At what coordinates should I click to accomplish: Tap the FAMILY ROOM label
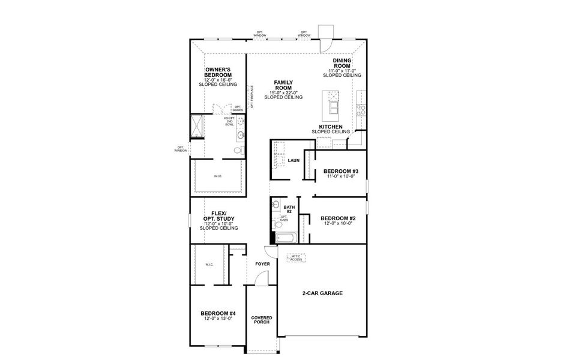tap(283, 85)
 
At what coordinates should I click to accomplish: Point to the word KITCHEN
tap(331, 127)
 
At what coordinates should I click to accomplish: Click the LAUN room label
tap(294, 160)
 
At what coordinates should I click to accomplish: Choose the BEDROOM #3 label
tap(340, 171)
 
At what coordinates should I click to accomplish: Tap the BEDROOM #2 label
tap(338, 218)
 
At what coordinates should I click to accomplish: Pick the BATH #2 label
tap(289, 209)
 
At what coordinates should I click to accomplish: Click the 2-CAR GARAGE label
tap(322, 293)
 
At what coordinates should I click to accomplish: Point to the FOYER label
tap(262, 264)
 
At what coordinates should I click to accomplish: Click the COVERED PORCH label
tap(262, 319)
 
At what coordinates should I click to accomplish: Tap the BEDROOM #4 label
tap(218, 313)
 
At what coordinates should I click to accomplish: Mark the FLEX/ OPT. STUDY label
tap(218, 216)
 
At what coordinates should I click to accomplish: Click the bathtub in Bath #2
tap(286, 239)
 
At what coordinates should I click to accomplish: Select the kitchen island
tap(331, 103)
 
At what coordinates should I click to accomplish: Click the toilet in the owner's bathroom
tap(241, 135)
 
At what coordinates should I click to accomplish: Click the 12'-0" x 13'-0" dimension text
tap(218, 319)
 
